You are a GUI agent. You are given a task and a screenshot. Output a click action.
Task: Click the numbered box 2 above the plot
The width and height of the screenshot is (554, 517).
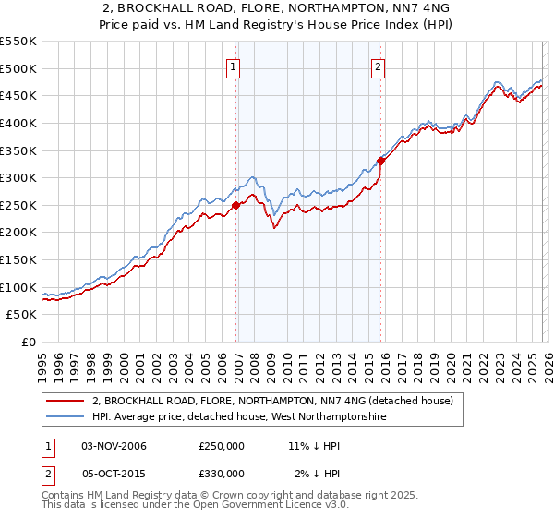[x=379, y=66]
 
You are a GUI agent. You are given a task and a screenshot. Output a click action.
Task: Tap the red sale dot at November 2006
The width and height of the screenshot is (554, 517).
[x=236, y=205]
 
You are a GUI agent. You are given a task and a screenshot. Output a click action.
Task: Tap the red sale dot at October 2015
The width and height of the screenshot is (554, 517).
[x=380, y=161]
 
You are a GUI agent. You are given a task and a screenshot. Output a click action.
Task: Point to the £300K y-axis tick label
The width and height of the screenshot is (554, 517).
[x=18, y=177]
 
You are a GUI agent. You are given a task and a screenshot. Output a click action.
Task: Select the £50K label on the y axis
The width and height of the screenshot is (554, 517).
[x=22, y=315]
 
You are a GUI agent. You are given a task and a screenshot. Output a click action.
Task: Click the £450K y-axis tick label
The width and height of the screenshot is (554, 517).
[x=18, y=95]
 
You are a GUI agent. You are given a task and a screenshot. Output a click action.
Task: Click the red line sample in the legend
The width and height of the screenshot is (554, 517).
[x=66, y=402]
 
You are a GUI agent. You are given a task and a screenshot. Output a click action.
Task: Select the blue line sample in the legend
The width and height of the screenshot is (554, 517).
[x=66, y=417]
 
